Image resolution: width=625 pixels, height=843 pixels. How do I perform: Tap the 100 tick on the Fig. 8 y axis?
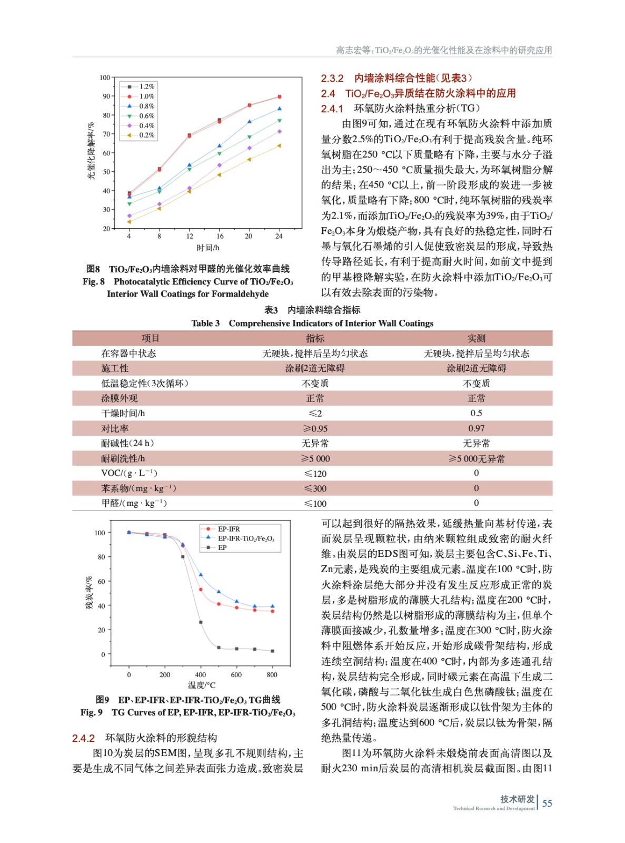(x=105, y=78)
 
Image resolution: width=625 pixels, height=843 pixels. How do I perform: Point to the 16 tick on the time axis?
(x=220, y=237)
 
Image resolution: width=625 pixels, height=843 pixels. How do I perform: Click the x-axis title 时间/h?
(x=207, y=248)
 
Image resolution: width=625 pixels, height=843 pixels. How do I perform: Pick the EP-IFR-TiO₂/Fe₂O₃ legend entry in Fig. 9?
(x=246, y=538)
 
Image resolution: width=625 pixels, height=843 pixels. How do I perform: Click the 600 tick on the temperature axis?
(x=236, y=675)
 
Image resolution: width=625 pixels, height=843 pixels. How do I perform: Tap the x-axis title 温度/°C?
(x=202, y=685)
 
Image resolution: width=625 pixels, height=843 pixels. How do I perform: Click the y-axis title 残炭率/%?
(x=89, y=593)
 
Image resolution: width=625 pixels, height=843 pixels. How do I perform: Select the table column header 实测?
(x=476, y=338)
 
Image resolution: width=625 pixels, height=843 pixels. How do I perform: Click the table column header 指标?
(x=315, y=338)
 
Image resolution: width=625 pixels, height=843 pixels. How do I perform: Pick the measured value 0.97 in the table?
(x=476, y=428)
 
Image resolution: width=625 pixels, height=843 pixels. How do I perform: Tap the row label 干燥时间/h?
(x=123, y=414)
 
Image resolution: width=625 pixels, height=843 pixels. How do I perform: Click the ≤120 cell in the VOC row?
(x=315, y=474)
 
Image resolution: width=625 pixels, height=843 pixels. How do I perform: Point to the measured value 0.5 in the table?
(x=476, y=414)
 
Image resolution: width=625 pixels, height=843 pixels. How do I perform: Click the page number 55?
(x=547, y=803)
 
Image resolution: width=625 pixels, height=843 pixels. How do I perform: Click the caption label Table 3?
(x=205, y=324)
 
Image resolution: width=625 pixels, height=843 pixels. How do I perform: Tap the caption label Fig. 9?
(x=92, y=713)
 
